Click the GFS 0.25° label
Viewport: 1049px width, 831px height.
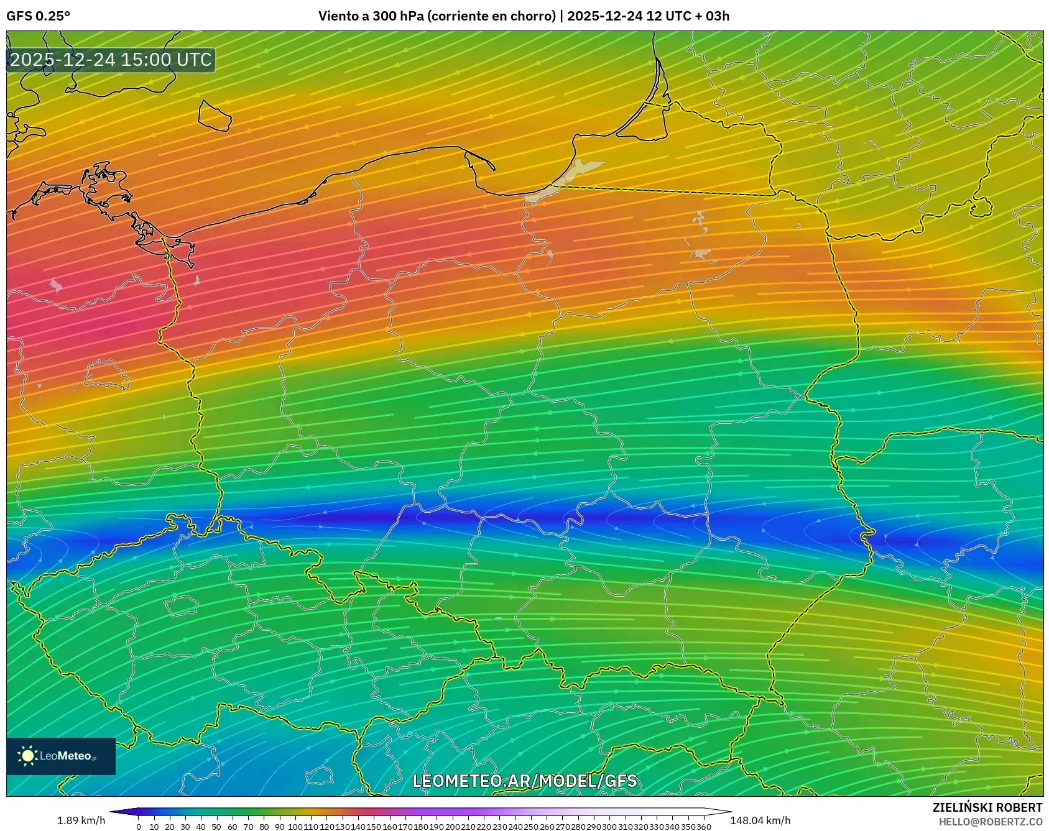[x=38, y=16]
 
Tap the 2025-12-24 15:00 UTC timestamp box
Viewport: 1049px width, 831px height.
[x=111, y=60]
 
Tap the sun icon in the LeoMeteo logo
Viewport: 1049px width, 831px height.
[x=28, y=756]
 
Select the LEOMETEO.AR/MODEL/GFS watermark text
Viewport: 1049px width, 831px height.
[x=524, y=781]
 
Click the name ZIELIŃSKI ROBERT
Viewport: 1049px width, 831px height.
[x=987, y=807]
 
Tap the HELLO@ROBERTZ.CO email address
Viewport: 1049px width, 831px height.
[x=990, y=822]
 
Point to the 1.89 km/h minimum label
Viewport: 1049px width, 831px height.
[x=81, y=820]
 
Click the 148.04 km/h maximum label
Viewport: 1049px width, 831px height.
[x=760, y=820]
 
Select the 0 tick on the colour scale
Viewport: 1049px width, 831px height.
[x=139, y=827]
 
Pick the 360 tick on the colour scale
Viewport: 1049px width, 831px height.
[x=703, y=827]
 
